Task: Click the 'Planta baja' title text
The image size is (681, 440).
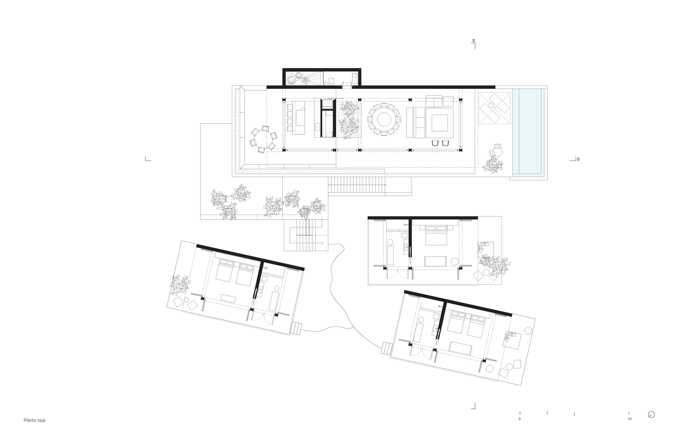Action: point(34,420)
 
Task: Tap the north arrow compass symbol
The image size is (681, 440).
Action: point(651,415)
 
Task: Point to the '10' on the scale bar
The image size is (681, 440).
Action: point(629,419)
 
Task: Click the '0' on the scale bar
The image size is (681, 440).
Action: point(520,419)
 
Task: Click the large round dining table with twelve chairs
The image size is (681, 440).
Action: point(384,119)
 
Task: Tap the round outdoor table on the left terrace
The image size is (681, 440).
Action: point(262,139)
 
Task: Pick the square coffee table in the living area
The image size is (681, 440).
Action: point(440,123)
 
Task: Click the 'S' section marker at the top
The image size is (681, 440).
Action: point(473,41)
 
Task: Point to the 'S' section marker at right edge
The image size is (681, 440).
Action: point(578,159)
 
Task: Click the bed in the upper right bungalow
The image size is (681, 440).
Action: point(436,235)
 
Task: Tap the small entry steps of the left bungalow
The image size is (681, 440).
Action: point(296,328)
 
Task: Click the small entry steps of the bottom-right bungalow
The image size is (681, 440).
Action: point(386,349)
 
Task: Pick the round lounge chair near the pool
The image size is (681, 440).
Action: point(497,150)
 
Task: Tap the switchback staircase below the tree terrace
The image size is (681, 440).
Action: point(306,235)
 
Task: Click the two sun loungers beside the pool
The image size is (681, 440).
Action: point(494,108)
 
